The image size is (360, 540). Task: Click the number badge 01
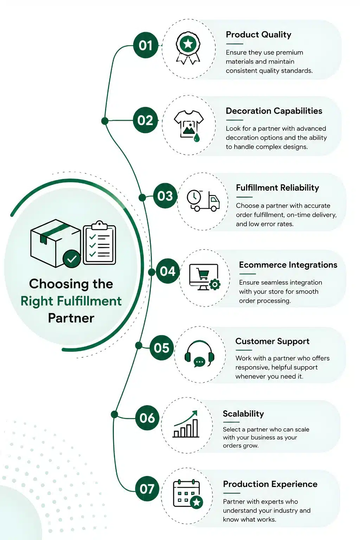click(x=146, y=45)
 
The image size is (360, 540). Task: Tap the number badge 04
click(x=167, y=271)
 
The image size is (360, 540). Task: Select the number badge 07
click(x=147, y=489)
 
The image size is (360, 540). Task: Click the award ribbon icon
click(x=188, y=48)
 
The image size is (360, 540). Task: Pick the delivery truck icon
click(x=203, y=201)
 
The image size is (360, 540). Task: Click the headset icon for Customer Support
click(x=199, y=354)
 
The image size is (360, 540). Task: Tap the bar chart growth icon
click(x=186, y=424)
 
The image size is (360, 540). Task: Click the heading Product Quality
click(x=258, y=34)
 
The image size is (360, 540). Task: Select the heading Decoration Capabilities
click(x=274, y=111)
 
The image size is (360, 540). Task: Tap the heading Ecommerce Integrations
click(x=288, y=265)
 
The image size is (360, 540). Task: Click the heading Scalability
click(x=243, y=413)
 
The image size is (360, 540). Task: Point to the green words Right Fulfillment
click(x=71, y=301)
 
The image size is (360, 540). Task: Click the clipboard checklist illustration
click(x=99, y=243)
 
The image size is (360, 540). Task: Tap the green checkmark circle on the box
click(x=72, y=259)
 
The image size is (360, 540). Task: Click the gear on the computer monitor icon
click(x=215, y=284)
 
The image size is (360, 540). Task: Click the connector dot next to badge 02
click(x=105, y=121)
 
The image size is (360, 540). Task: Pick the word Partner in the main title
click(x=71, y=318)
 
